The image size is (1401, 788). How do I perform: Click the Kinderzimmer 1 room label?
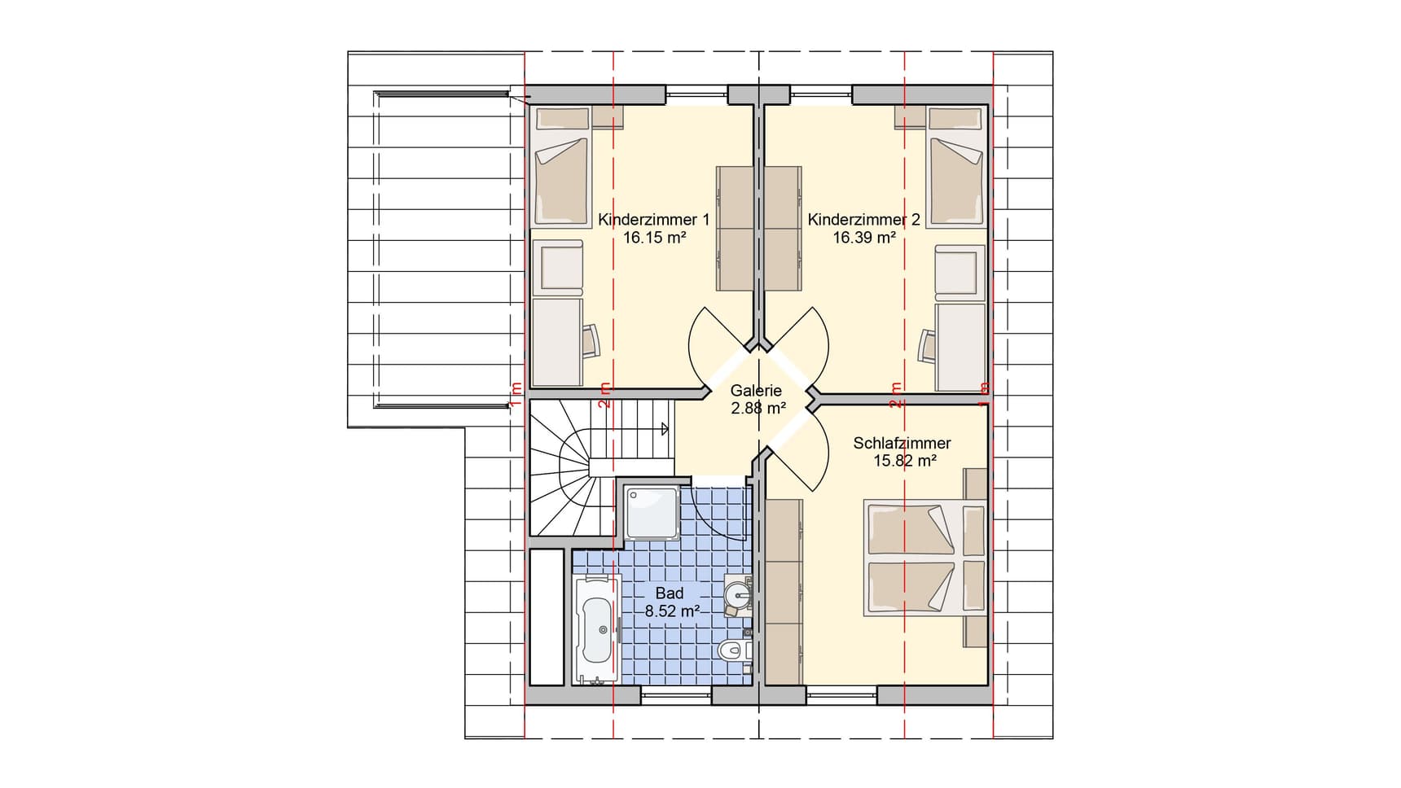[x=653, y=220]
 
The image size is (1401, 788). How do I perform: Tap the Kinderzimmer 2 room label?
[x=863, y=220]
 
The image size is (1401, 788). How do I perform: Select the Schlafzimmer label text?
[x=902, y=444]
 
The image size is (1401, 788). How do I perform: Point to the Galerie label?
[x=756, y=391]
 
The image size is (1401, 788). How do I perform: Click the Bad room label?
[x=670, y=594]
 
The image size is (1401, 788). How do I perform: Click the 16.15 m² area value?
[x=653, y=239]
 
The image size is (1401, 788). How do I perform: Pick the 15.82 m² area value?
[x=904, y=461]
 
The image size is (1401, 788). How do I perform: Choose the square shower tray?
[x=651, y=512]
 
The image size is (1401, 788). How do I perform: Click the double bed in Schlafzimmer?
[x=911, y=558]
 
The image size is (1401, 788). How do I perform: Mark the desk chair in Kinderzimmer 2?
[x=927, y=345]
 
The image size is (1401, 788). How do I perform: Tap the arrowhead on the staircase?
[x=665, y=428]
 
